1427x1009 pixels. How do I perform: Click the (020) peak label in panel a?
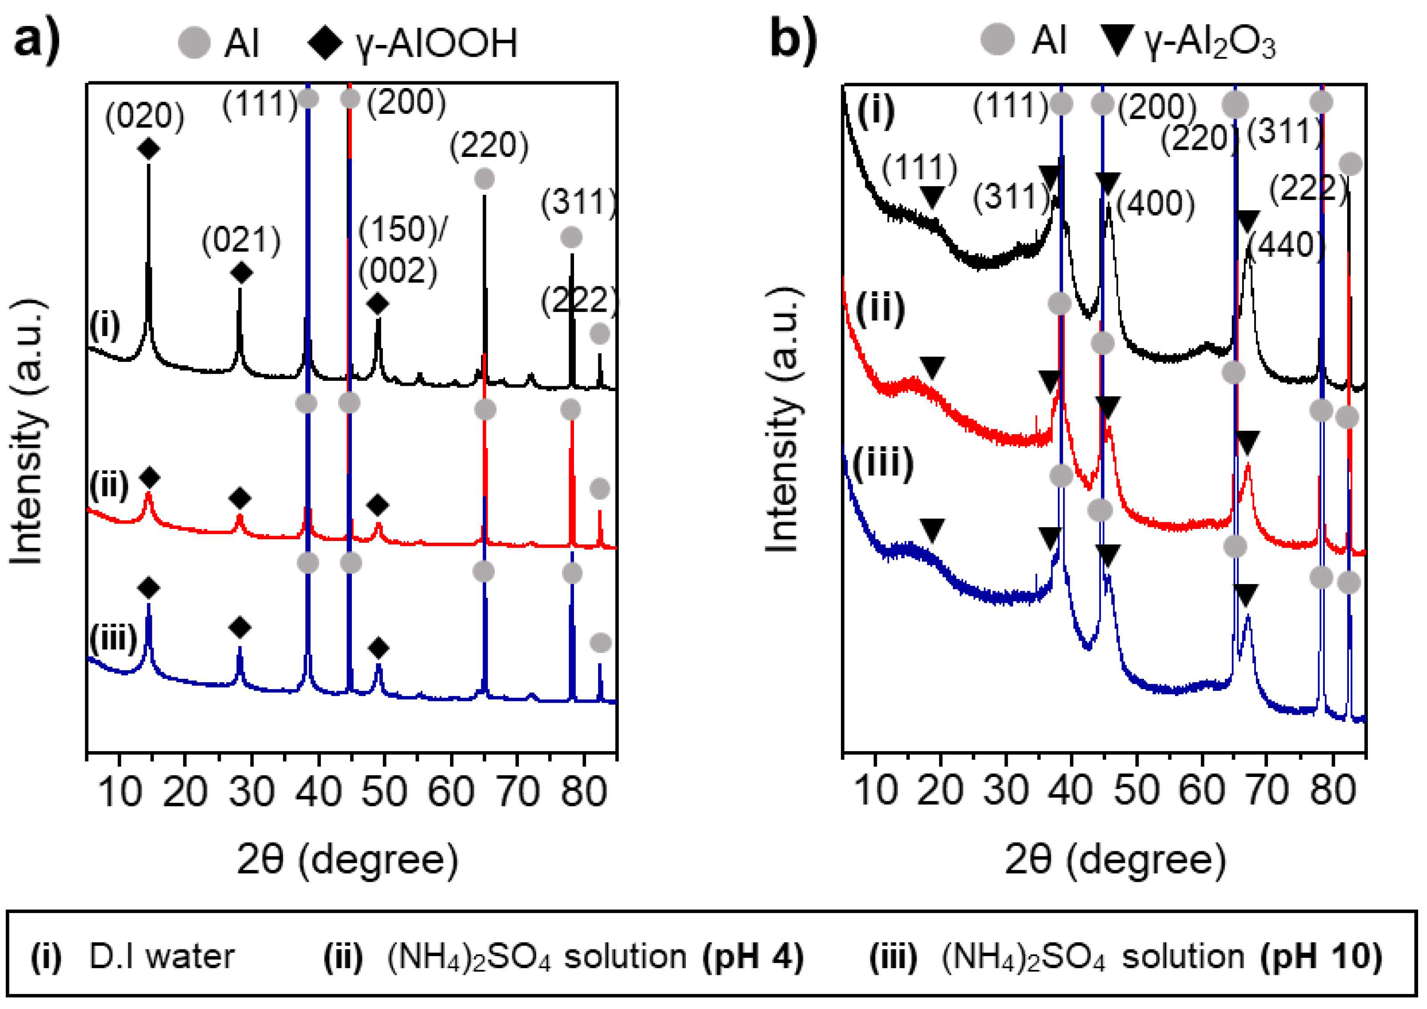pyautogui.click(x=145, y=117)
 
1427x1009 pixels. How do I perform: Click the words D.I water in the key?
pyautogui.click(x=162, y=956)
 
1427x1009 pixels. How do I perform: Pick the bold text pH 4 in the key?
pyautogui.click(x=753, y=956)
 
